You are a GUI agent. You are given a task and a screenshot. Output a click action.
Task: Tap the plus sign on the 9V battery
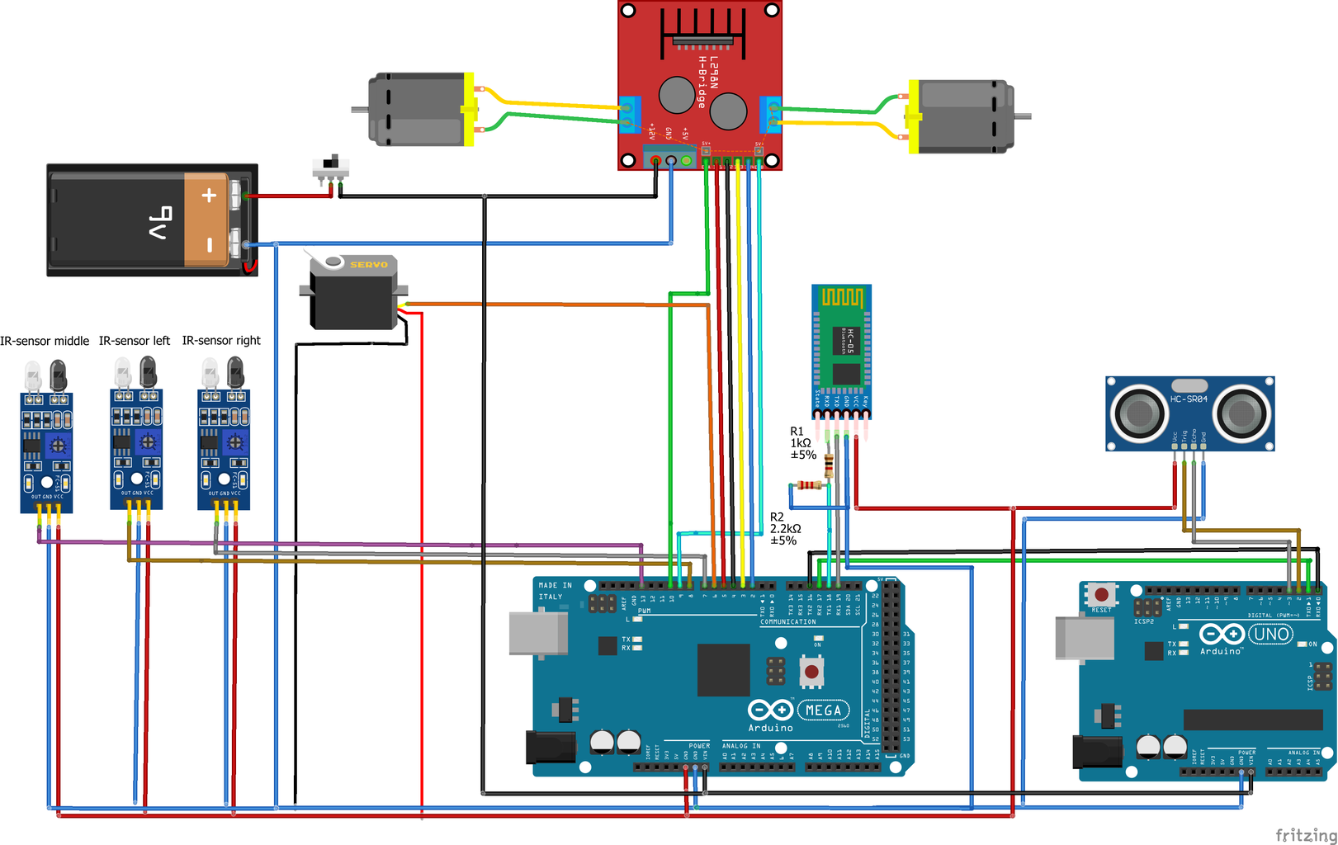209,196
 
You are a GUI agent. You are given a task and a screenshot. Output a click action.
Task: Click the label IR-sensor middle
45,341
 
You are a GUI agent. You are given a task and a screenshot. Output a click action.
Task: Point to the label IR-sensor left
135,341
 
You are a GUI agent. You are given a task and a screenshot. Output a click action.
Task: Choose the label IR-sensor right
221,341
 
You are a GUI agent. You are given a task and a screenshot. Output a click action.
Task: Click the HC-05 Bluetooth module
841,347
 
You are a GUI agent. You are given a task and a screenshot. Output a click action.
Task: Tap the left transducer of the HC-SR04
1139,413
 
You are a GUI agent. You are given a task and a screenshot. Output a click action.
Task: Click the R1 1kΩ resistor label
802,443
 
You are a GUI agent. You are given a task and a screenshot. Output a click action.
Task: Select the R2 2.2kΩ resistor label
784,529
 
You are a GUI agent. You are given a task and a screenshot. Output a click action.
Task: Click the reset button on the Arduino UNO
1101,594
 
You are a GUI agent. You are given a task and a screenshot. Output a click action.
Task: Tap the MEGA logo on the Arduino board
823,710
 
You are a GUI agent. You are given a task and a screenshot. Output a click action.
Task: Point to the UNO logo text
1270,634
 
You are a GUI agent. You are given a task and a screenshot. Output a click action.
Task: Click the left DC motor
419,110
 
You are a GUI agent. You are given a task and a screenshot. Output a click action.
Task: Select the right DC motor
962,116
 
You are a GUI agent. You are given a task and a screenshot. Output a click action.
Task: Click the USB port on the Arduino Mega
537,634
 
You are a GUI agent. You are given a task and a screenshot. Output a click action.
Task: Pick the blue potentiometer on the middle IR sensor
58,446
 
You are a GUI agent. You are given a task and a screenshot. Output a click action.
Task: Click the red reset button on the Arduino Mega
811,672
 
